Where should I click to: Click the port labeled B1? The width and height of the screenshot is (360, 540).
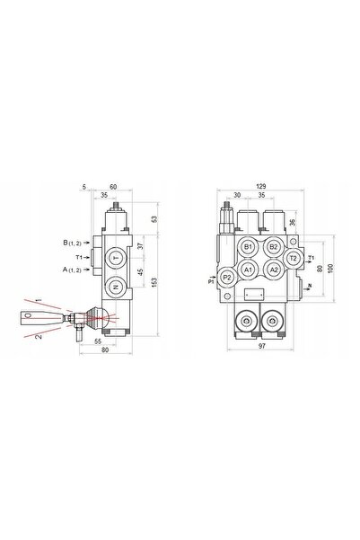(x=248, y=247)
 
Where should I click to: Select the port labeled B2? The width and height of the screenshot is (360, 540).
(x=273, y=247)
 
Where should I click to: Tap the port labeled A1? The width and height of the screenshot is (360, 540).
(x=248, y=270)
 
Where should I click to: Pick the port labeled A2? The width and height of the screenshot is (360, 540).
(x=273, y=270)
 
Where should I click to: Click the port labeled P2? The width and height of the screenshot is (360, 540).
(x=227, y=277)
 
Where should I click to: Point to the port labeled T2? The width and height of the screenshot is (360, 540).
(x=293, y=258)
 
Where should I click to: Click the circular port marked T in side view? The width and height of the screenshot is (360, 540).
(x=116, y=258)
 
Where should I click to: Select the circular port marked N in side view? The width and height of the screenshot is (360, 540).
(x=116, y=287)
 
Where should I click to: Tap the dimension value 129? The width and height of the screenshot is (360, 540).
(x=261, y=186)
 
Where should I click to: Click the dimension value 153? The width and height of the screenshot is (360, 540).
(x=154, y=282)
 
